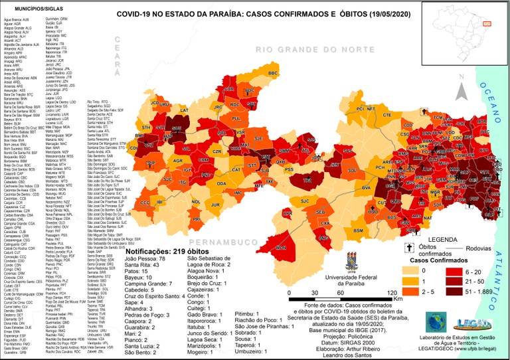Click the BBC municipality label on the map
(x=272, y=73)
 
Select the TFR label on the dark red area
(x=307, y=180)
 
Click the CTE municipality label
(x=386, y=115)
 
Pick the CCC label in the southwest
(x=145, y=202)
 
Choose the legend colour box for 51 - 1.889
(x=453, y=292)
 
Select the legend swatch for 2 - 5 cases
(x=410, y=292)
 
